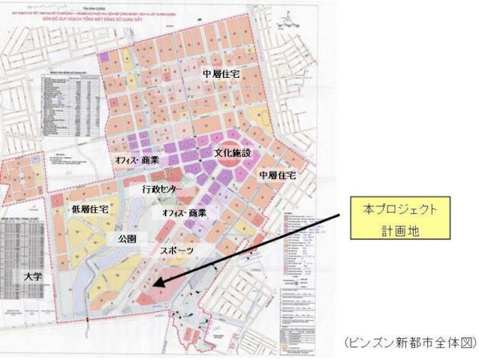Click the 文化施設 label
pyautogui.click(x=232, y=151)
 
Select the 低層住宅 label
pyautogui.click(x=91, y=209)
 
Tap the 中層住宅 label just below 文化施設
pyautogui.click(x=278, y=177)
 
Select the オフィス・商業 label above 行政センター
pyautogui.click(x=136, y=159)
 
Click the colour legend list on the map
pyautogui.click(x=305, y=237)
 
